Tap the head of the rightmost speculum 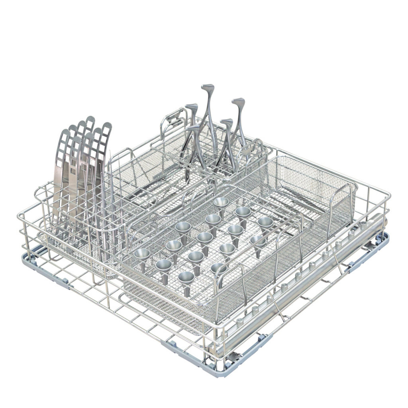click(238, 101)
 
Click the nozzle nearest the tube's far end click(363, 225)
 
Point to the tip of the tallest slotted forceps click(91, 119)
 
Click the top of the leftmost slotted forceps click(64, 133)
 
